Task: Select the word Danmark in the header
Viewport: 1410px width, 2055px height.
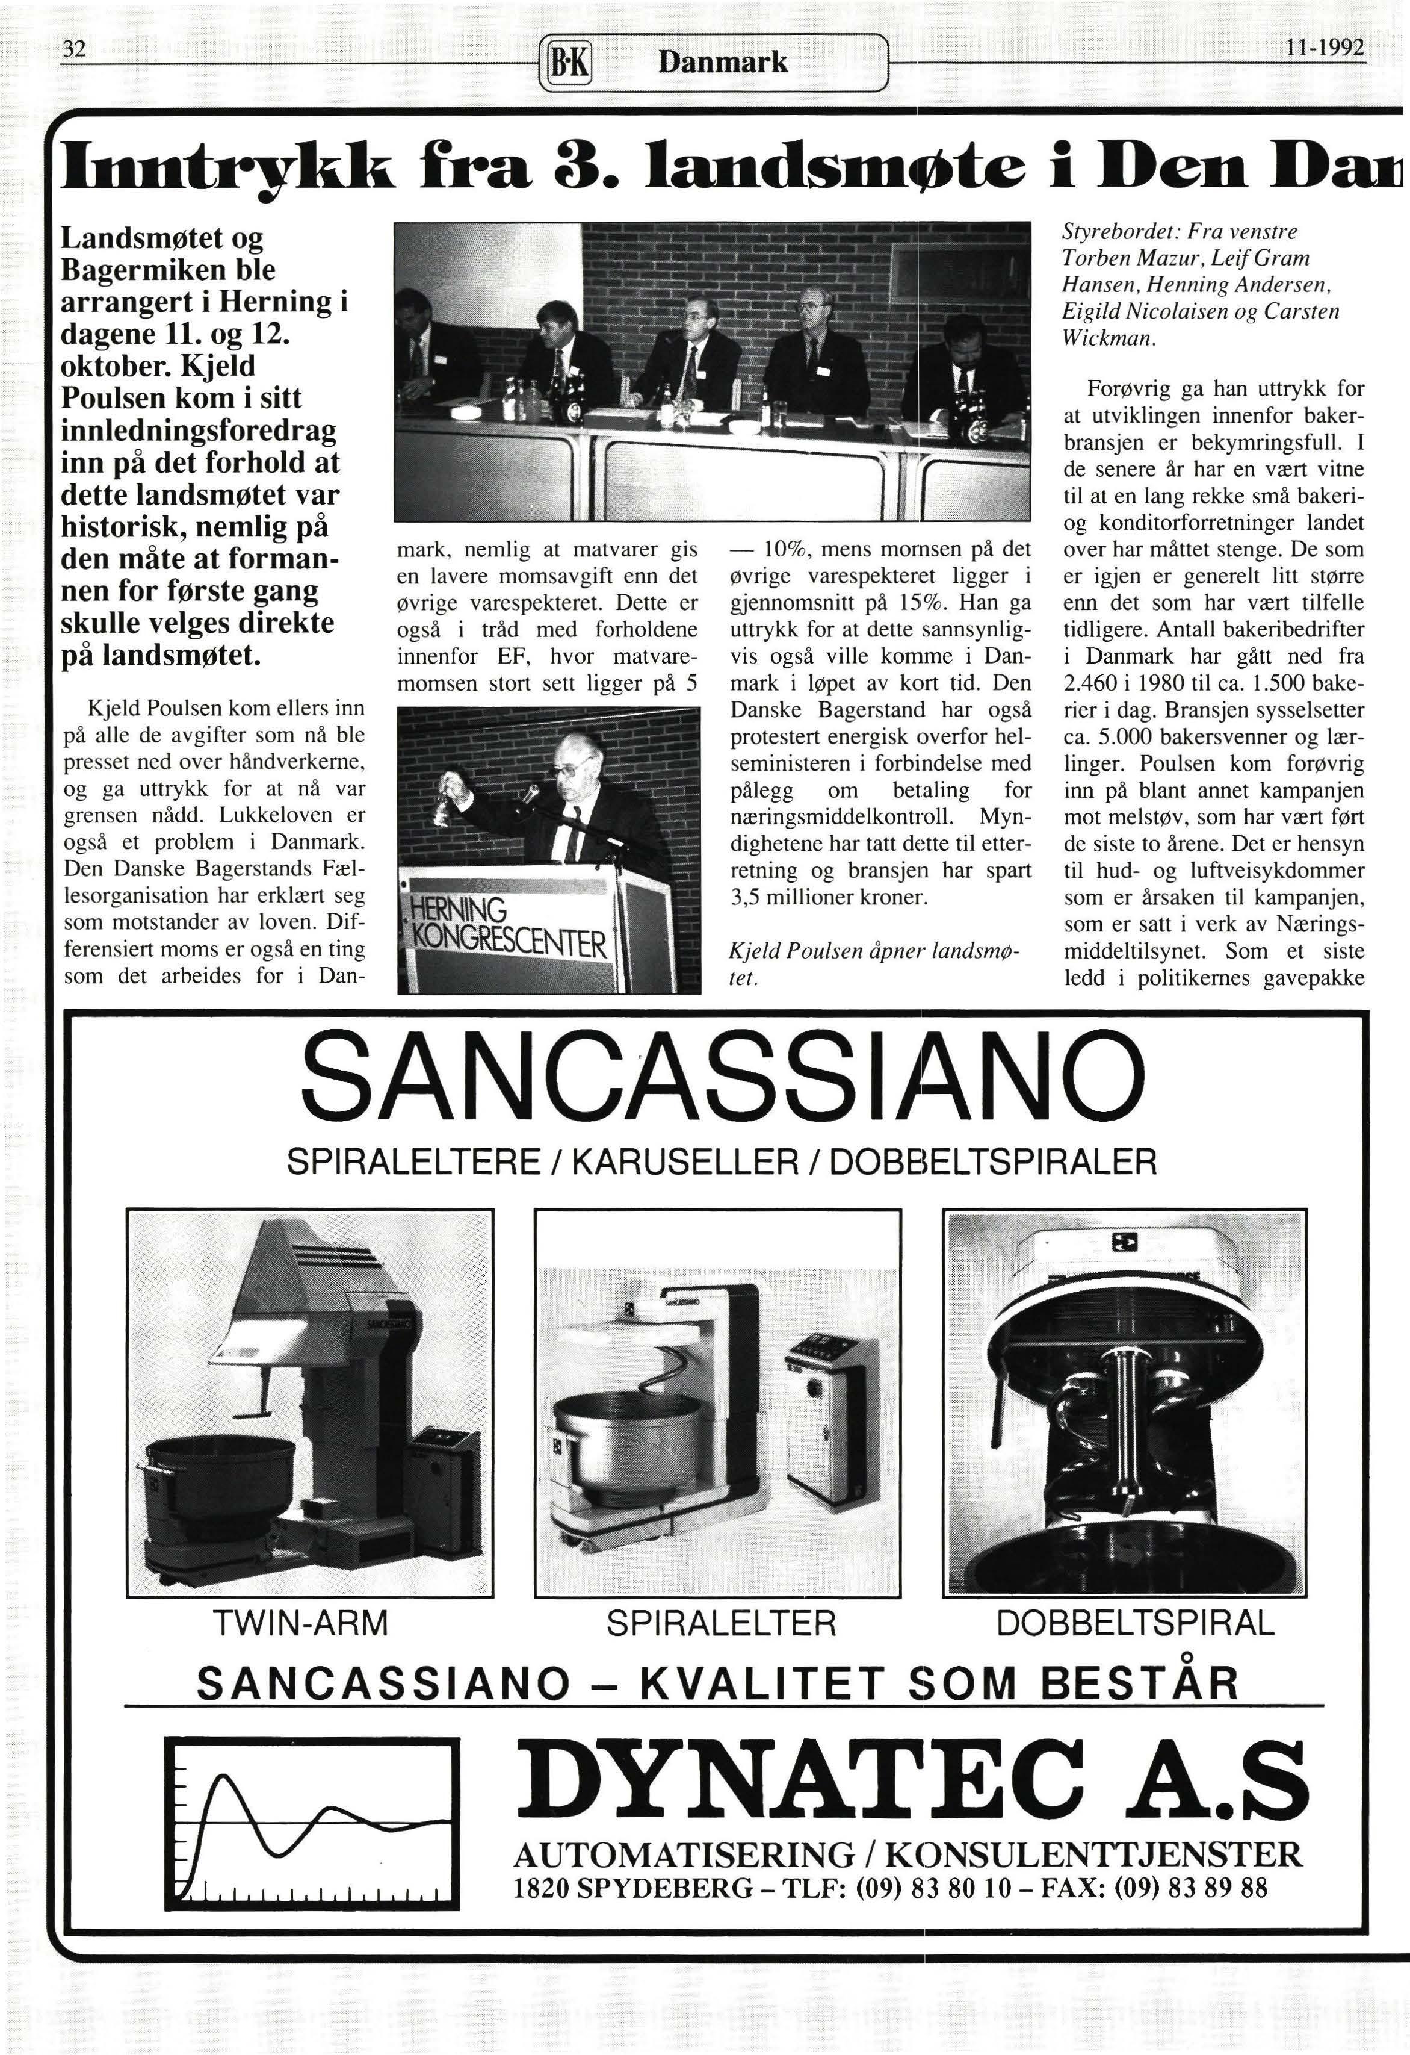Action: (723, 62)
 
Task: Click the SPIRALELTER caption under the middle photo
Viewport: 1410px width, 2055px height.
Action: (720, 1623)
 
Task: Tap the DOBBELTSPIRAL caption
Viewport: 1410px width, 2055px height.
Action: (1136, 1623)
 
